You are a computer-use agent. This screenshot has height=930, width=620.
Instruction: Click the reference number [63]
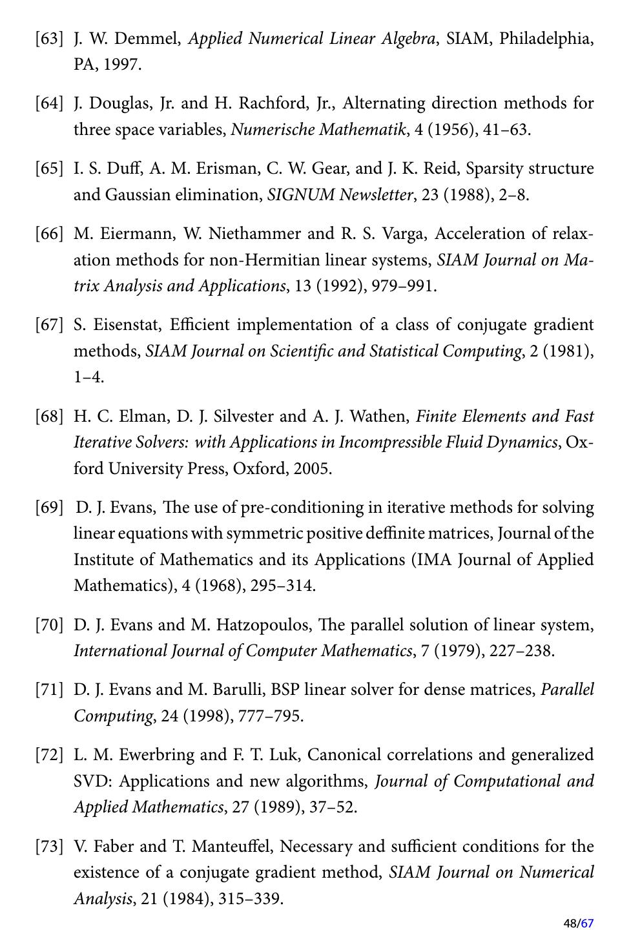coord(49,39)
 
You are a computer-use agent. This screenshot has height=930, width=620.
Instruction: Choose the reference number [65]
coord(49,169)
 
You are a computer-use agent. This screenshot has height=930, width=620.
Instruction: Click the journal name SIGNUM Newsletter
coord(340,194)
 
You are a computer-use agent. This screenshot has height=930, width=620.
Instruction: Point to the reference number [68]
coord(49,416)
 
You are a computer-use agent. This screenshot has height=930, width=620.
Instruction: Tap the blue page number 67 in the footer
coord(587,923)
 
